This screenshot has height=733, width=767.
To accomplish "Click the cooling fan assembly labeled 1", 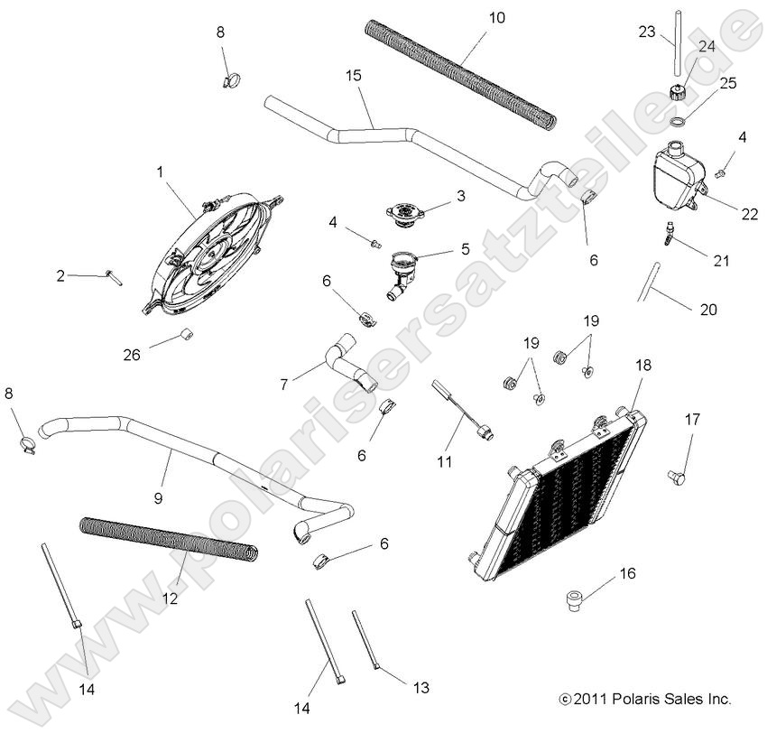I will pos(209,253).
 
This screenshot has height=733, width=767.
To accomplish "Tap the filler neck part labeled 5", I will pos(401,271).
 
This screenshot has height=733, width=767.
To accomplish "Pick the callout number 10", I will pos(497,17).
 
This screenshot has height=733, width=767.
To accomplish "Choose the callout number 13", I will pos(420,687).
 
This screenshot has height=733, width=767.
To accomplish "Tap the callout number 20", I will pos(708,309).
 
